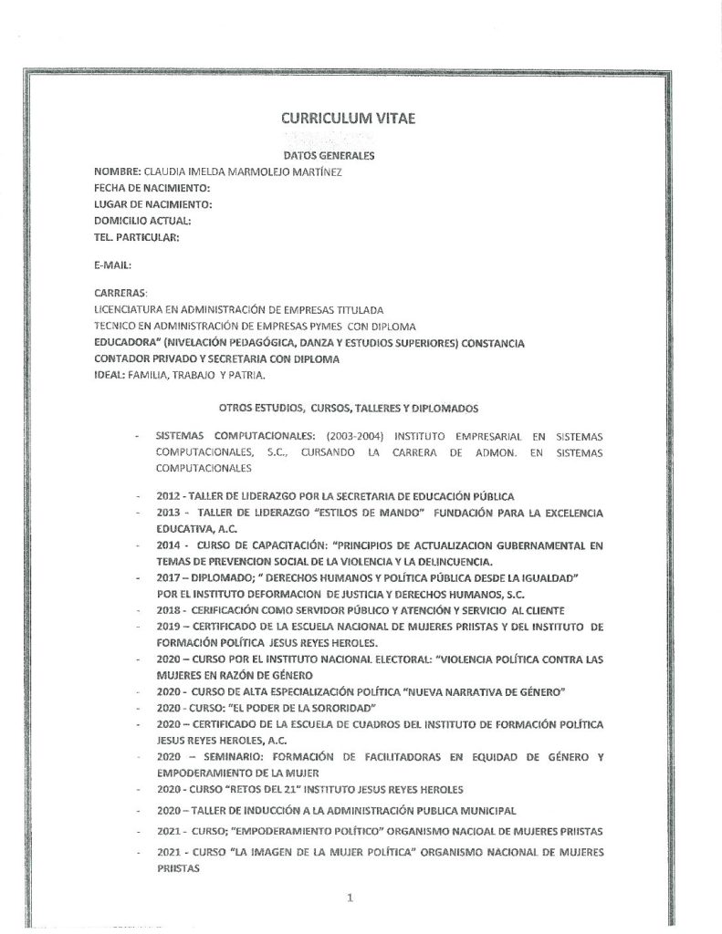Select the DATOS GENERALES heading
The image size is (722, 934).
point(350,156)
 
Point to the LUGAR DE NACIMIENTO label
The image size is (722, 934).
point(152,203)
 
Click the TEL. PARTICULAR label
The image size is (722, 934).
point(136,236)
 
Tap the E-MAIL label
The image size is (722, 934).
point(114,265)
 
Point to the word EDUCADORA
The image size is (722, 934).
point(126,342)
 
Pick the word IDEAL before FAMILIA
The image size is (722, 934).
point(110,374)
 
